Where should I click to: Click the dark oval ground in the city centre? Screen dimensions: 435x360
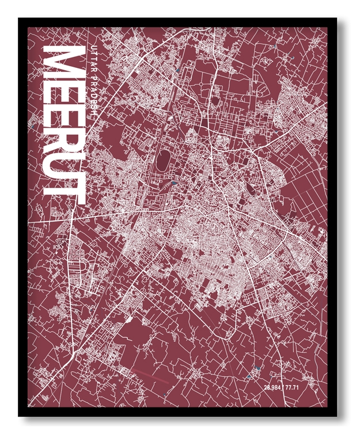(162, 159)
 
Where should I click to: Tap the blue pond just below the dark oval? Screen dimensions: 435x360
(173, 183)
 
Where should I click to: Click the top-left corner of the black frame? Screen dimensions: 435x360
(20, 19)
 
